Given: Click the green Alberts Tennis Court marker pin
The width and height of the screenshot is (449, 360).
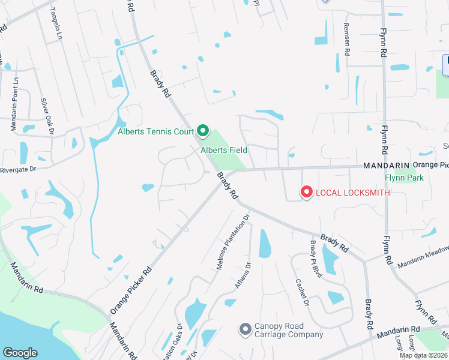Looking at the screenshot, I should [203, 131].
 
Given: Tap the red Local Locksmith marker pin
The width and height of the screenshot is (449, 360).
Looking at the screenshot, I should [306, 192].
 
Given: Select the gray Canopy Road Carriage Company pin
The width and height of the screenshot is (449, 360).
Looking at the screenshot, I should [244, 329].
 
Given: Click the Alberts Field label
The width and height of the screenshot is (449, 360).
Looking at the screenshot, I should [224, 151].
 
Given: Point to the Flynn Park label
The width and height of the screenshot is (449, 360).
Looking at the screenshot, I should [404, 178].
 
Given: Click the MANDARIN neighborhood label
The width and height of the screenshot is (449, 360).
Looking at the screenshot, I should [385, 165].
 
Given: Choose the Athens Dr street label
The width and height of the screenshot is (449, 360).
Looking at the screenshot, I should [243, 277].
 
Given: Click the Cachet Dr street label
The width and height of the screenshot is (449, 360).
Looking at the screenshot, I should [301, 293].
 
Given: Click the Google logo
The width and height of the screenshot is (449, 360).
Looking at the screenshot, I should [20, 353].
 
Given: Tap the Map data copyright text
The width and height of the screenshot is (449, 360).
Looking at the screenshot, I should [423, 355].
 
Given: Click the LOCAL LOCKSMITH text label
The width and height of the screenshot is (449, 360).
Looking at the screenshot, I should [353, 193].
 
